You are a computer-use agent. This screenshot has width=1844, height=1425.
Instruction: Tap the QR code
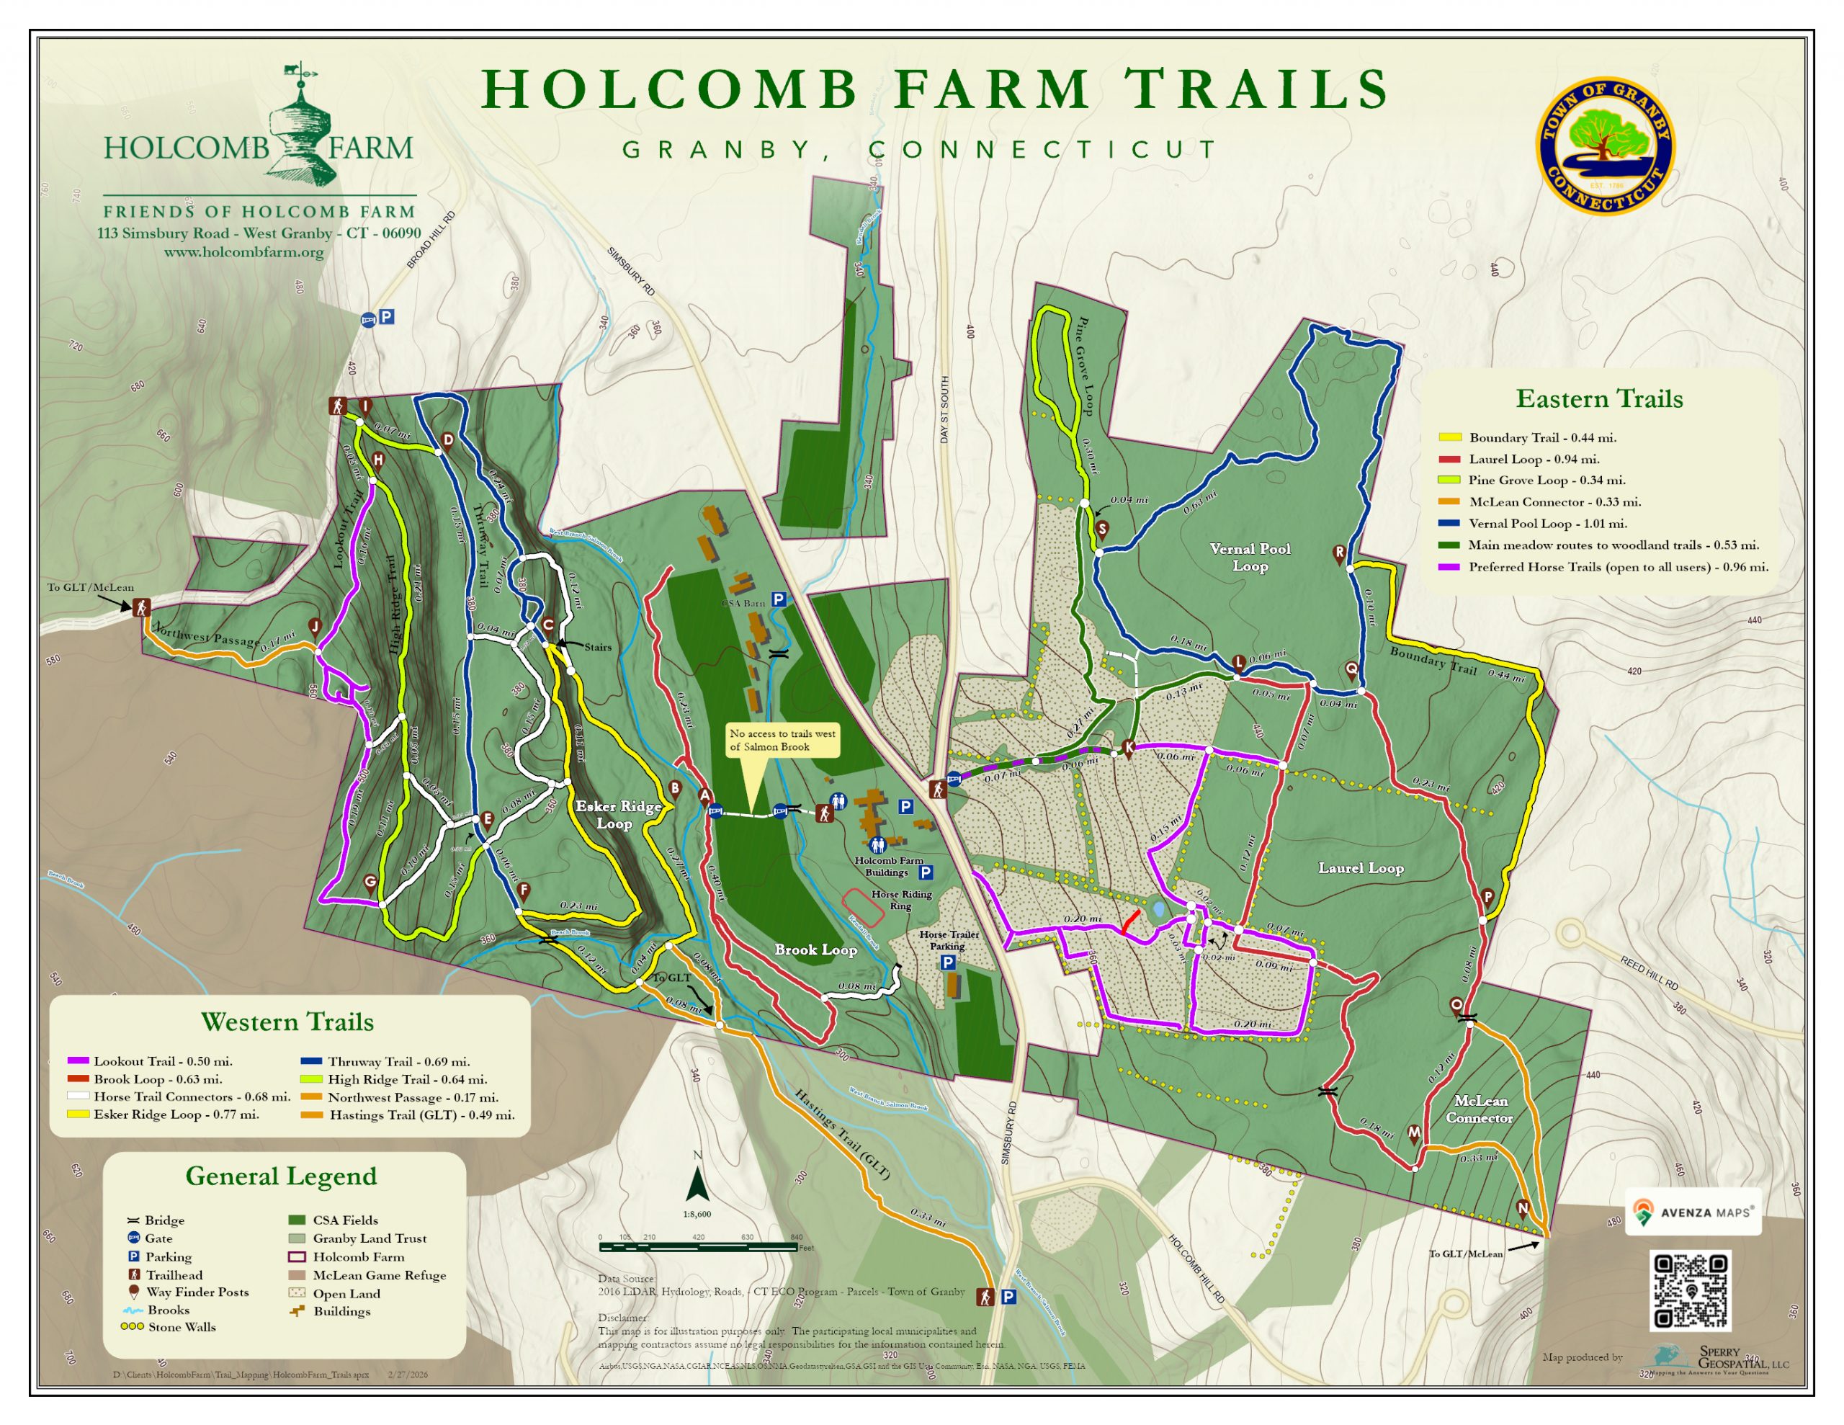[1691, 1290]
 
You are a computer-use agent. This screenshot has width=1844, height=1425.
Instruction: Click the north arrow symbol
[697, 1184]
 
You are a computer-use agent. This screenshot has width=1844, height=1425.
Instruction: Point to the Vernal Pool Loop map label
[1250, 558]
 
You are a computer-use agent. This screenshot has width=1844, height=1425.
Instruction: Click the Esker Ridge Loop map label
[618, 814]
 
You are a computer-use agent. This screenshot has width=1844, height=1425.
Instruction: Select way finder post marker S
[1102, 530]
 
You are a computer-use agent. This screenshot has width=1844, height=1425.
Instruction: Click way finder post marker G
[370, 883]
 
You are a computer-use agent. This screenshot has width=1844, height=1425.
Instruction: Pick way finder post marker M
[1414, 1133]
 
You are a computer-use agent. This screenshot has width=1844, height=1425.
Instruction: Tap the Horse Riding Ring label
[901, 900]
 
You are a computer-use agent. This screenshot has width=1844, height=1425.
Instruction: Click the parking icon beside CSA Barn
[778, 599]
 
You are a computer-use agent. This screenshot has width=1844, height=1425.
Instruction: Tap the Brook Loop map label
[815, 950]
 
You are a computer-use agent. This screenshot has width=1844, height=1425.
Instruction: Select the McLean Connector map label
[1480, 1109]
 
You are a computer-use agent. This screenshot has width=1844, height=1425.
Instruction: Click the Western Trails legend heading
[287, 1022]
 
